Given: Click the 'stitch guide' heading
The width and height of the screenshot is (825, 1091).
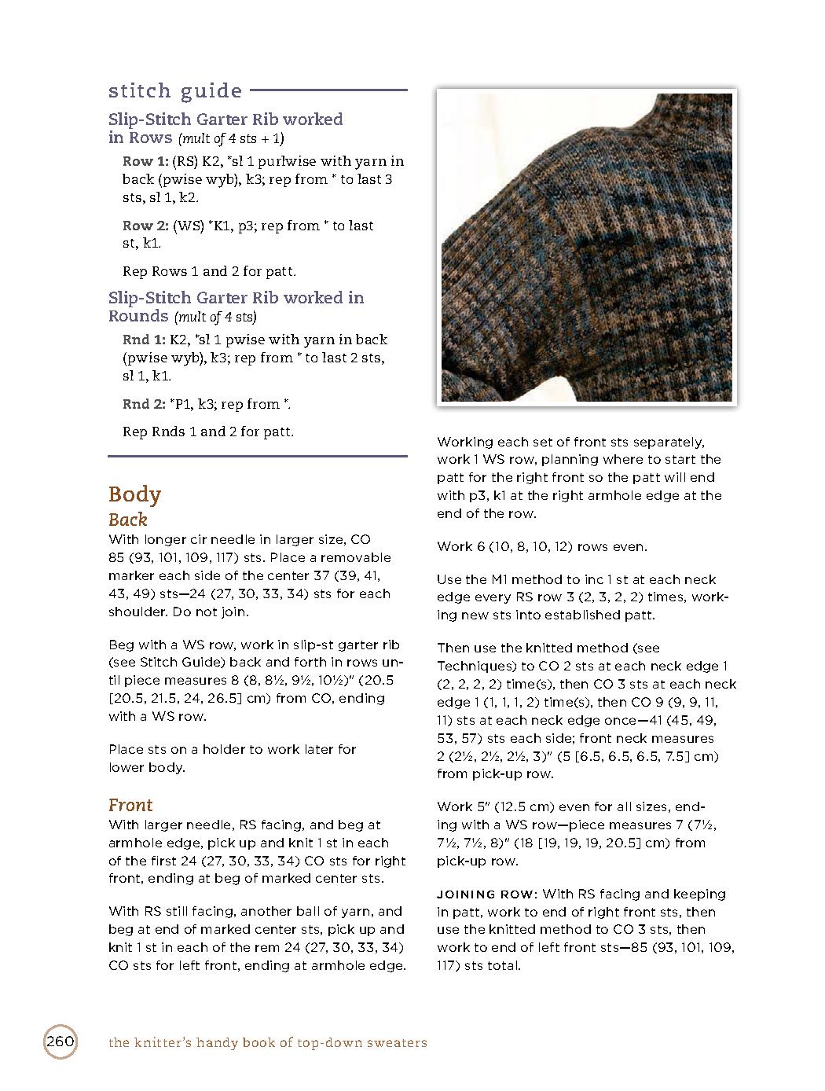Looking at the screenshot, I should pos(175,91).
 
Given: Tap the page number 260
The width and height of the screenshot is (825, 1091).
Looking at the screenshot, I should pos(60,1042).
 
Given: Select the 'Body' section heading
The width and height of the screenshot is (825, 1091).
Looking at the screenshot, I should pos(134,494).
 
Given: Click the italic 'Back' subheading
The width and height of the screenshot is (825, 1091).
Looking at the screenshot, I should pos(128,520).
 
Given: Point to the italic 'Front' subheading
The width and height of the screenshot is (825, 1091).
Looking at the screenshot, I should pos(130,805).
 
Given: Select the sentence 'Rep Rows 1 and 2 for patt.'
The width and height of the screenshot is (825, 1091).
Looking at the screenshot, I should pos(209,271).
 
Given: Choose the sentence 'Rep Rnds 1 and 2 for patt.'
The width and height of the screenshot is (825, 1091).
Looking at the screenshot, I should pos(208,432).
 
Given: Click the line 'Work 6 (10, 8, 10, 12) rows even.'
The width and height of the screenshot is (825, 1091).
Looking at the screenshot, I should pos(542,546).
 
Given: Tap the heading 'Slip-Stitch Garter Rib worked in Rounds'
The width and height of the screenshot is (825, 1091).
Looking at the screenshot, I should pos(236,307).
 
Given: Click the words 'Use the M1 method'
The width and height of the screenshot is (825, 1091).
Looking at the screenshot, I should pos(493,579).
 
